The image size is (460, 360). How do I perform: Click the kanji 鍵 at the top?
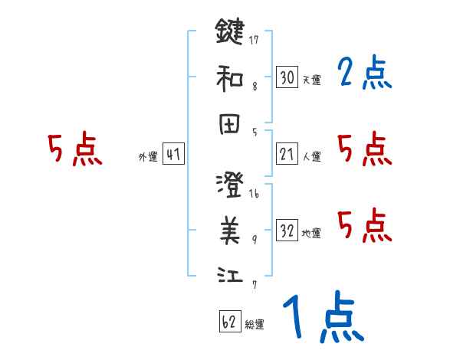point(229,31)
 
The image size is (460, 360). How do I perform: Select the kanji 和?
point(229,77)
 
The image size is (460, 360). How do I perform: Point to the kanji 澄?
point(229,185)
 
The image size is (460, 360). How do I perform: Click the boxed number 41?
point(173,154)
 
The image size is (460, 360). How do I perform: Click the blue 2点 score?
point(364,74)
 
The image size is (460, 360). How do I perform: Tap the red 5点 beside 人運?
point(364,149)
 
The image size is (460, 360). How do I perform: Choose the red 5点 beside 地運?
point(364,225)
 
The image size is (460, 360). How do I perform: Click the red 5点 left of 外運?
point(74,149)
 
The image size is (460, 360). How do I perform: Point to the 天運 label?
point(311,80)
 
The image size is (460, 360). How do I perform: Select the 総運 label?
point(255,325)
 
